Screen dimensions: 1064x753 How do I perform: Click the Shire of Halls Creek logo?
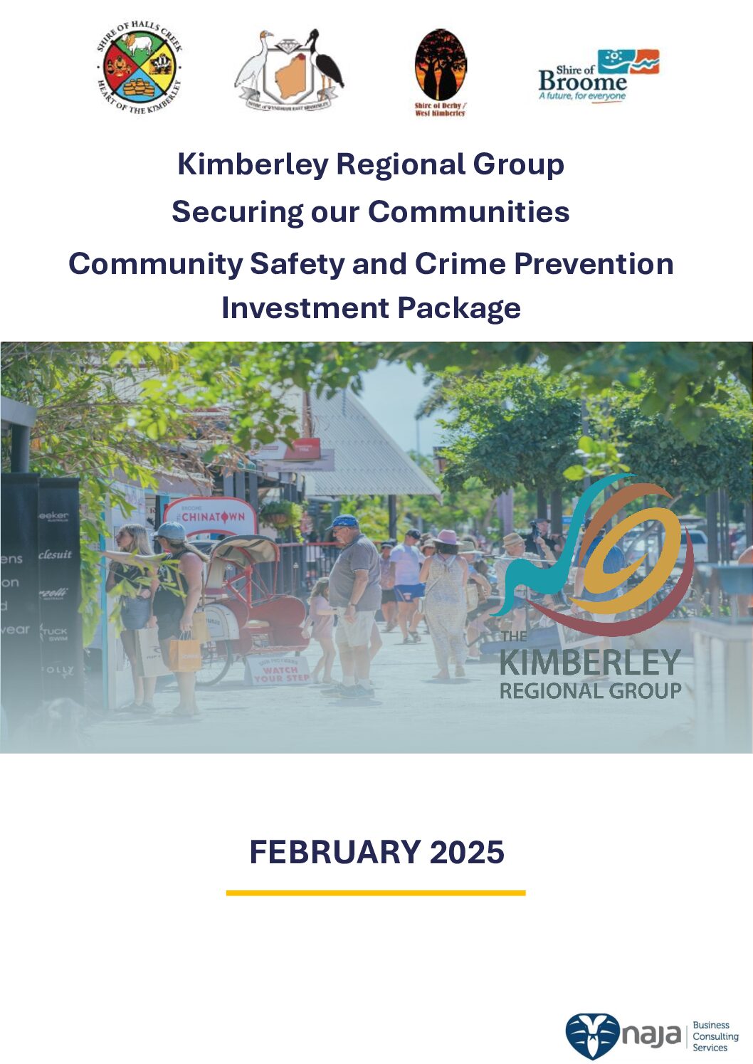click(x=139, y=68)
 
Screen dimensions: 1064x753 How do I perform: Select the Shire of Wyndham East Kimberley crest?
click(x=289, y=70)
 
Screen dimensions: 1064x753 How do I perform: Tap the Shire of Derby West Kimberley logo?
click(x=441, y=72)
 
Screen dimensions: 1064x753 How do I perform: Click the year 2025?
click(x=467, y=853)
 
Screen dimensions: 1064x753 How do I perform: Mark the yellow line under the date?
click(x=376, y=892)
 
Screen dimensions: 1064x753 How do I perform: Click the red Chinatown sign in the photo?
click(x=211, y=517)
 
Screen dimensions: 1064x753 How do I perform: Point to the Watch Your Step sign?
click(x=280, y=671)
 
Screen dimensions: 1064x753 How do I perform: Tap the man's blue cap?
click(x=344, y=522)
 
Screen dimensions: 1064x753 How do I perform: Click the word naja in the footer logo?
click(x=651, y=1036)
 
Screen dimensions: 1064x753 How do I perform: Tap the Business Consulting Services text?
click(x=715, y=1036)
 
